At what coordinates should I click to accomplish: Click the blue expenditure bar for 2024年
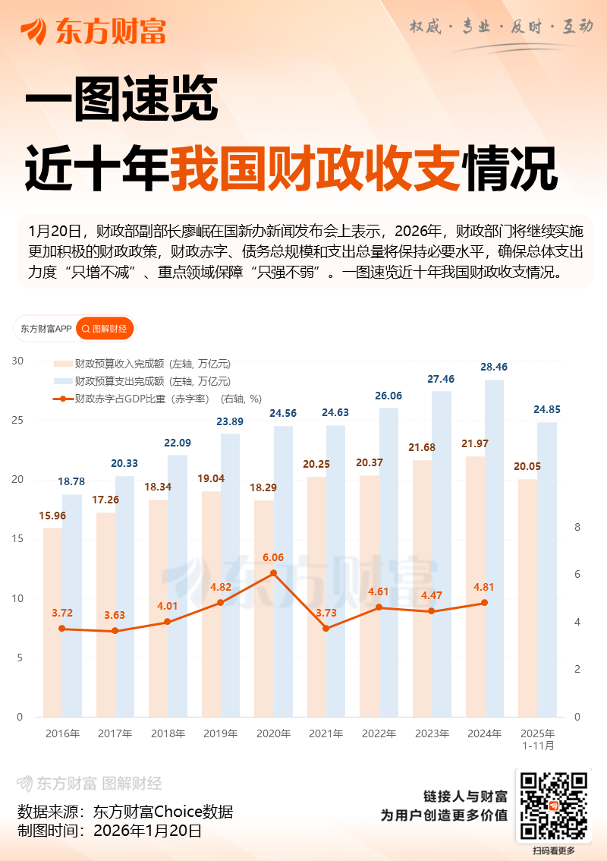point(494,547)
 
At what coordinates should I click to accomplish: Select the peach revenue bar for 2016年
point(52,623)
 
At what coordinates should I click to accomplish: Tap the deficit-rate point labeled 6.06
point(273,573)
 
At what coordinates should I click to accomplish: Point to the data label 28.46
point(494,367)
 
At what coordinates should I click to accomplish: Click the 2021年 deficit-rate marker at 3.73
point(326,628)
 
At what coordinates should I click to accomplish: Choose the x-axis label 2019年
point(221,734)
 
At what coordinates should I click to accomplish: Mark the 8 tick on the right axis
point(577,527)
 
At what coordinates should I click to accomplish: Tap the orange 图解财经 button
point(105,329)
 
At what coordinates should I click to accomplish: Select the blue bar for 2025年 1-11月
point(547,569)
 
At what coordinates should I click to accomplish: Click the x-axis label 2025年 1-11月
point(538,740)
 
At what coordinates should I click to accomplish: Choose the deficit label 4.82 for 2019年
point(220,587)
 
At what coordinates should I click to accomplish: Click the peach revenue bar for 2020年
point(263,607)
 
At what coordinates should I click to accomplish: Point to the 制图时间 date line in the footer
point(109,831)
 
